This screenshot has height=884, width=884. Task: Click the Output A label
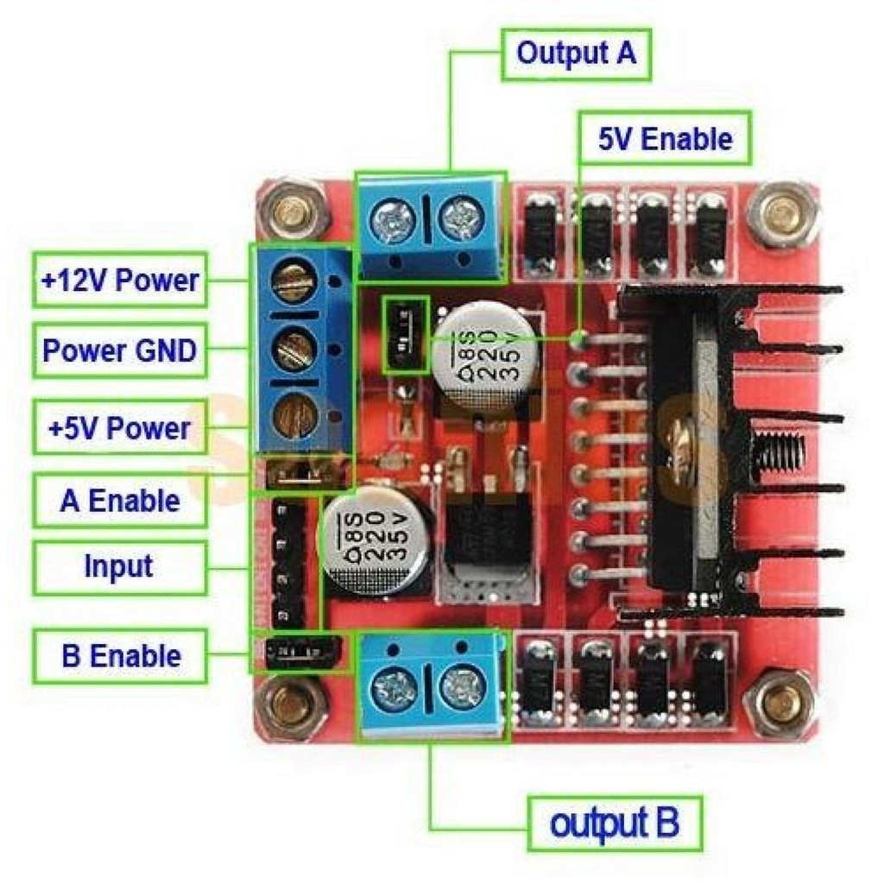click(x=576, y=54)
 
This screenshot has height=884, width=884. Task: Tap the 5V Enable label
click(x=665, y=138)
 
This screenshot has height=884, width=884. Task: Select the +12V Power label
click(x=120, y=280)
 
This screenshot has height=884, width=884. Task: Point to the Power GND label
click(x=120, y=350)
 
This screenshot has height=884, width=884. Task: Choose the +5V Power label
click(x=120, y=427)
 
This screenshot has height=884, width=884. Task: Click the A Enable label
click(x=120, y=501)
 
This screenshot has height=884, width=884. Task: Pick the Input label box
click(x=120, y=567)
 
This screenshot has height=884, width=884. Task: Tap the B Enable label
click(x=120, y=655)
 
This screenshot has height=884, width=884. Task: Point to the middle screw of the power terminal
click(x=291, y=350)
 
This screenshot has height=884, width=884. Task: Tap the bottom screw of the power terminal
click(x=291, y=417)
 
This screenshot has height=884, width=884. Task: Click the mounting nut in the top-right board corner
click(x=782, y=212)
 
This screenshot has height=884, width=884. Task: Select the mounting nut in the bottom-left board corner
click(x=293, y=704)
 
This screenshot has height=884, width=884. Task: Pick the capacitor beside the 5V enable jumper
click(x=480, y=354)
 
